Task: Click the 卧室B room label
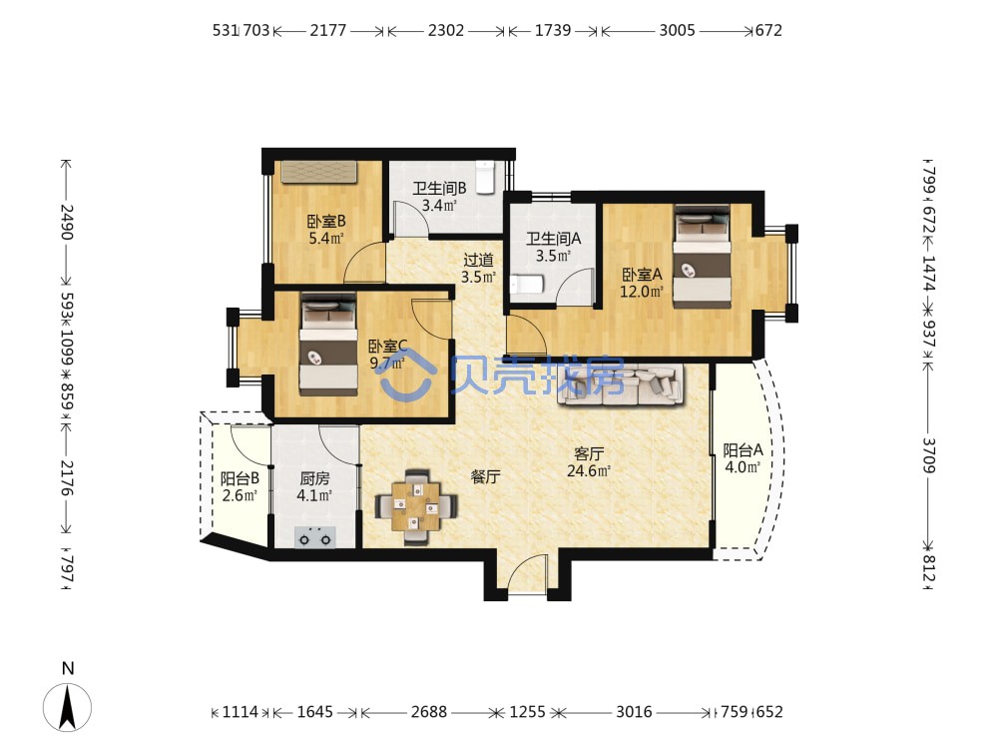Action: pyautogui.click(x=326, y=230)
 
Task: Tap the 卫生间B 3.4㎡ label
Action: pyautogui.click(x=439, y=196)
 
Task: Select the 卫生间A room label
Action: pyautogui.click(x=553, y=247)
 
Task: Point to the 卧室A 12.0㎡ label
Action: pyautogui.click(x=642, y=283)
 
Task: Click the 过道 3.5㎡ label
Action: pyautogui.click(x=478, y=268)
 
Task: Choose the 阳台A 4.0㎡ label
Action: pyautogui.click(x=743, y=458)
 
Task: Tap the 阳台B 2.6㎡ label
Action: pyautogui.click(x=240, y=486)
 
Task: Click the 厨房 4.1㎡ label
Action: pyautogui.click(x=314, y=486)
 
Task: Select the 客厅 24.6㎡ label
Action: pyautogui.click(x=588, y=461)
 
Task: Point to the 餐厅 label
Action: pyautogui.click(x=485, y=476)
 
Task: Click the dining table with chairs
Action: pyautogui.click(x=415, y=507)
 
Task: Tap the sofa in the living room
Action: pyautogui.click(x=621, y=384)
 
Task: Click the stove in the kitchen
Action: pyautogui.click(x=315, y=537)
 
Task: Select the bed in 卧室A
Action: pyautogui.click(x=702, y=257)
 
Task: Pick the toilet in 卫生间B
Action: pyautogui.click(x=486, y=177)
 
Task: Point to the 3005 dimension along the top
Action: pyautogui.click(x=677, y=30)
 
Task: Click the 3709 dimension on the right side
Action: pyautogui.click(x=928, y=454)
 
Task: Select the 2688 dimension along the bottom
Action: pyautogui.click(x=428, y=711)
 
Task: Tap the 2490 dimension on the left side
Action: pyautogui.click(x=67, y=222)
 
